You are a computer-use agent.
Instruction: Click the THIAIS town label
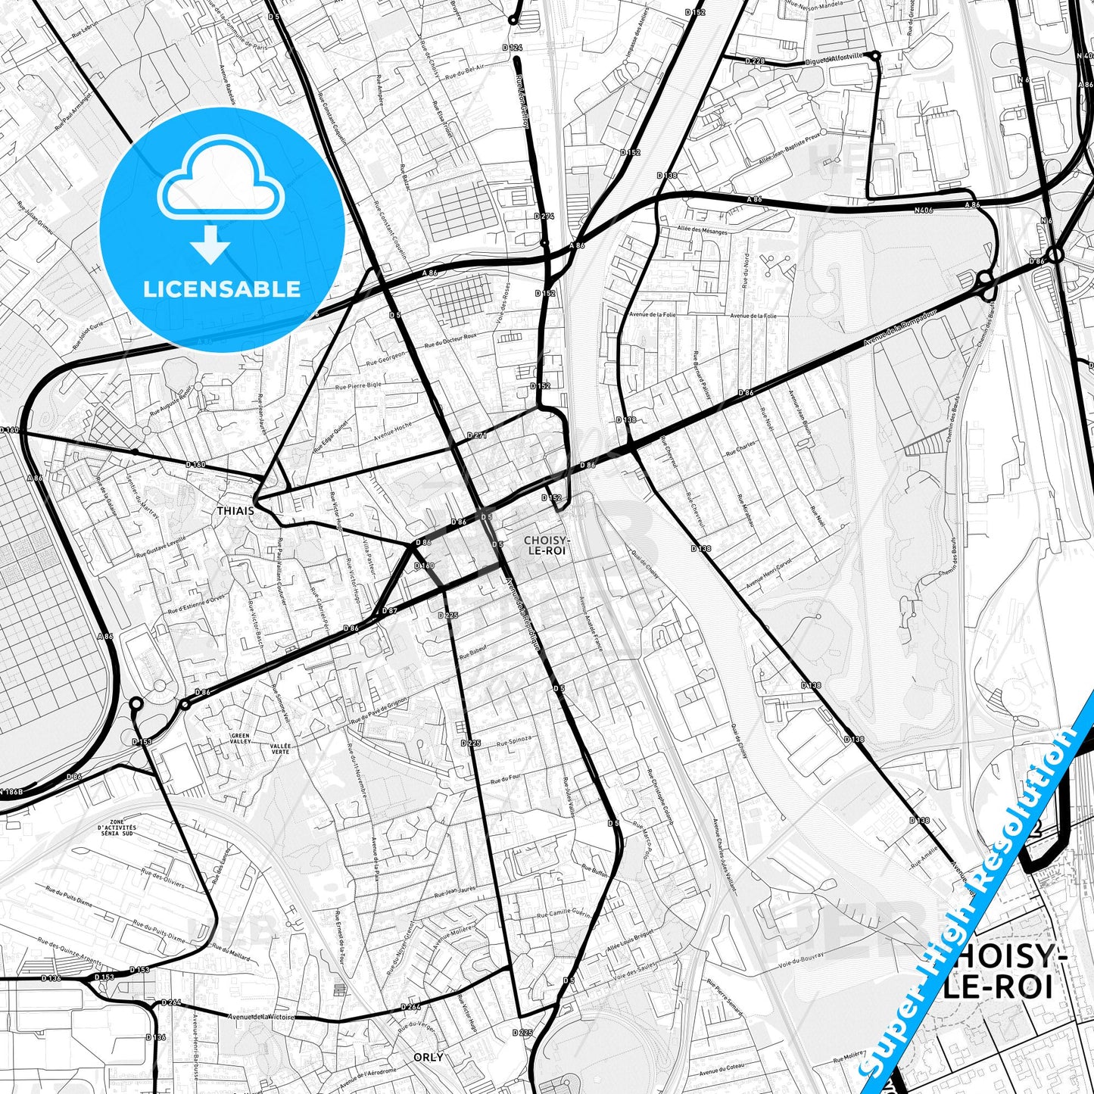235,511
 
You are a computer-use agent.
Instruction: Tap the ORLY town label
429,1057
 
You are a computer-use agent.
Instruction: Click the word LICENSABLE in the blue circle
222,288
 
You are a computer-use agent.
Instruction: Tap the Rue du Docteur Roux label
450,340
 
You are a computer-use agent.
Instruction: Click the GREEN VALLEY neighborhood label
241,738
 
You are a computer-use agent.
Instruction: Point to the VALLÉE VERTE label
279,748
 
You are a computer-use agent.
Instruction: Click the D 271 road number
477,436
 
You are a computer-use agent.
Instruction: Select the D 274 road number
544,217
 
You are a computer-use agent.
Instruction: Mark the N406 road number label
923,210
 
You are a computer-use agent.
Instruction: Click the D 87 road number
389,610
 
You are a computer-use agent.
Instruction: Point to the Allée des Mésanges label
702,231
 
